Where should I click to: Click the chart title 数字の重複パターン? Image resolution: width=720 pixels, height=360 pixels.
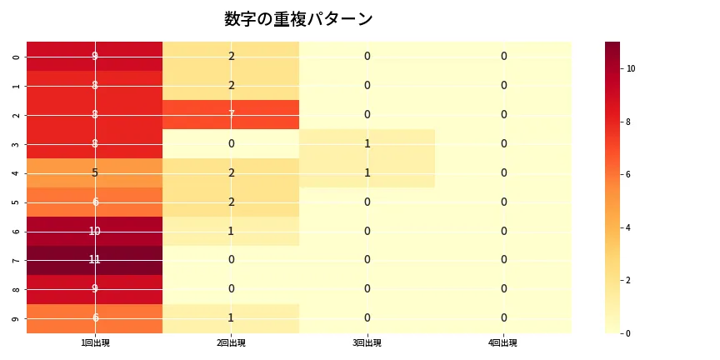[298, 19]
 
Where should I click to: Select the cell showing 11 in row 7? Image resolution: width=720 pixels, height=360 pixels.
[95, 260]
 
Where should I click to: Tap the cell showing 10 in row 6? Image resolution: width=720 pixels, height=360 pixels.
[95, 231]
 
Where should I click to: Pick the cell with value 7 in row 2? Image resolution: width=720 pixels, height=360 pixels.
[231, 114]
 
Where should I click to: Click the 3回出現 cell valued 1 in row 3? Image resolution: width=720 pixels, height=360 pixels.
[367, 143]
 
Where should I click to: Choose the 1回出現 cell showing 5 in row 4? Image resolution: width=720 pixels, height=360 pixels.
[95, 172]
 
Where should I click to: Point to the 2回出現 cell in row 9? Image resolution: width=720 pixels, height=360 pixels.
[231, 318]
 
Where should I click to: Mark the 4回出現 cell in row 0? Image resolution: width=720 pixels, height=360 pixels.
[503, 56]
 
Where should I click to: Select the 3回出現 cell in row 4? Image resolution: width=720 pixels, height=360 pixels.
[367, 172]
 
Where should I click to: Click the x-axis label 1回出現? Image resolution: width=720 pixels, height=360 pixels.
[95, 343]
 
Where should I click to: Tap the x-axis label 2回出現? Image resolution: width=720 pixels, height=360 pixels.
[231, 343]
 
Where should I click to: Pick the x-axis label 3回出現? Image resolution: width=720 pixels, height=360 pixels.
[367, 343]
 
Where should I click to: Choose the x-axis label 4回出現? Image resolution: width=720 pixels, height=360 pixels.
[503, 343]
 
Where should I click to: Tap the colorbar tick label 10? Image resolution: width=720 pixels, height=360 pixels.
[631, 68]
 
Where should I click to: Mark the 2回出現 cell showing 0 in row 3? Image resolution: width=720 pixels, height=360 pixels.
[231, 143]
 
